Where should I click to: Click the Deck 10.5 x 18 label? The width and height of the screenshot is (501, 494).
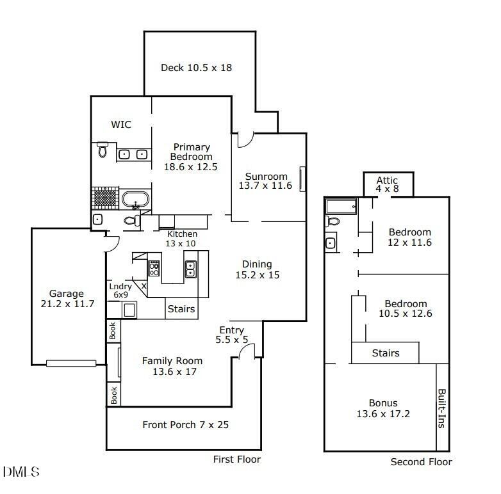tap(196, 68)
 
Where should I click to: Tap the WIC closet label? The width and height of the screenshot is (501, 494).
tap(121, 124)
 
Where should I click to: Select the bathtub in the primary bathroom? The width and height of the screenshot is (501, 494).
tap(135, 200)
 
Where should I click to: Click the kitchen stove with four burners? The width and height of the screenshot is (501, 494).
tap(154, 268)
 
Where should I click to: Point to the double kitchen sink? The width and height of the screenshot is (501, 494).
tap(191, 269)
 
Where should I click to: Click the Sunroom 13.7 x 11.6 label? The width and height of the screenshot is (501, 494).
tap(265, 181)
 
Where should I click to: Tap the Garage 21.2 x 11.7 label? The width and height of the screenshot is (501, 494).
tap(67, 298)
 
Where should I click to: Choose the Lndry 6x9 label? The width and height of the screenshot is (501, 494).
tap(120, 291)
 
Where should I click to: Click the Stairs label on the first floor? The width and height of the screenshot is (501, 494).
tap(181, 309)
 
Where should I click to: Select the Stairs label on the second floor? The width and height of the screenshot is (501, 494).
tap(386, 353)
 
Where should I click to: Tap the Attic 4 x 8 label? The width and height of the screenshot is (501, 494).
tap(387, 184)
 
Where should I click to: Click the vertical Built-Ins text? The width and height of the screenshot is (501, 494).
tap(441, 408)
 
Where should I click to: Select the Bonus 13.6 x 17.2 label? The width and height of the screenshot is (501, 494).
tap(383, 408)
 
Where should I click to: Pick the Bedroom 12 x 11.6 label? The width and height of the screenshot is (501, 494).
tap(409, 237)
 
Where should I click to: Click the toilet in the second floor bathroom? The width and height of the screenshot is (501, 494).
tap(333, 221)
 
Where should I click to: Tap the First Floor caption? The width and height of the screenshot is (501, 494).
tap(237, 459)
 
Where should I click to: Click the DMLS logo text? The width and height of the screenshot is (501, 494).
tap(21, 472)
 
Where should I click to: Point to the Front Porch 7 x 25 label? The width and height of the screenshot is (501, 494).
tap(186, 425)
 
